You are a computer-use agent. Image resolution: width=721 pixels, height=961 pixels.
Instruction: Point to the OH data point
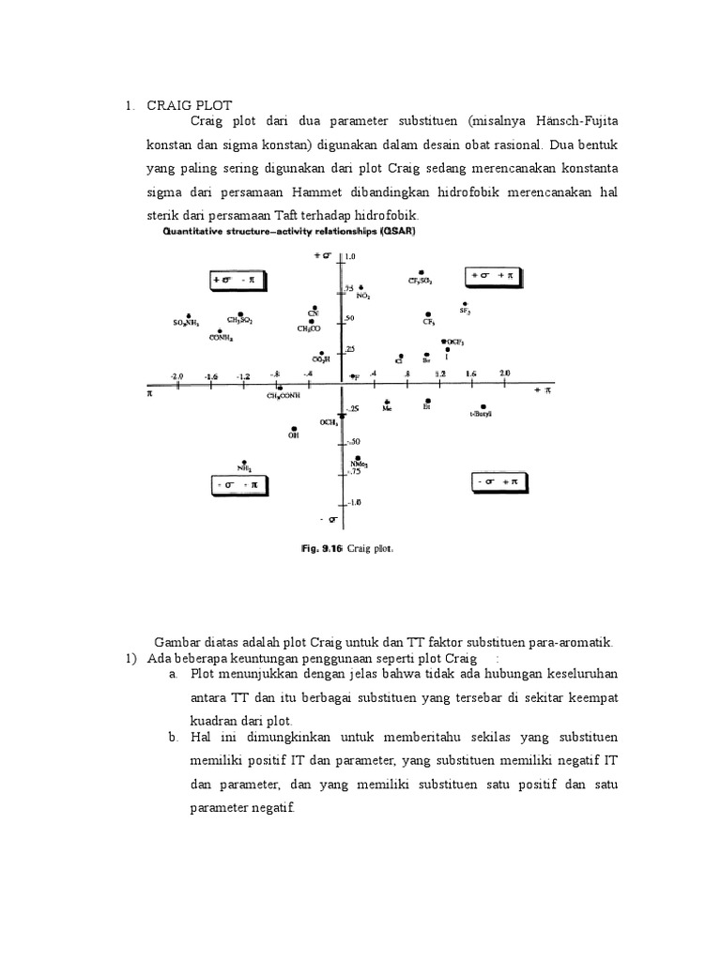(x=295, y=426)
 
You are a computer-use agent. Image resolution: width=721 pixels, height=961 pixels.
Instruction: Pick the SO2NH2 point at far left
(x=189, y=315)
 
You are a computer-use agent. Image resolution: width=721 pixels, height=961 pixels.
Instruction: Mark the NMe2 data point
(x=358, y=457)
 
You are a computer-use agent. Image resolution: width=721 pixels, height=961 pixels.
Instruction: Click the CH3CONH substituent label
(x=284, y=396)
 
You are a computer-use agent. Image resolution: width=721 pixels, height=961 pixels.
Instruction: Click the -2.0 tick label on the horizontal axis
(x=176, y=375)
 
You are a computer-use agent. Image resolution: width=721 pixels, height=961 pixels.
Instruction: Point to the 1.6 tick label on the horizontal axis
(x=470, y=374)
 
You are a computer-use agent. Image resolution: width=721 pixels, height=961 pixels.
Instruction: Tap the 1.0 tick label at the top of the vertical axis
(x=352, y=255)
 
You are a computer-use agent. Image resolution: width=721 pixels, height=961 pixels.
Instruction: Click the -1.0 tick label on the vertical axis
(x=352, y=503)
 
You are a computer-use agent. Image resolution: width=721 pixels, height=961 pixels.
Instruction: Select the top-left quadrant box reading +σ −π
(x=240, y=281)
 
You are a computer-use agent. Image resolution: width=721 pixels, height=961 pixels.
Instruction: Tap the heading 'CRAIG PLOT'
(x=189, y=105)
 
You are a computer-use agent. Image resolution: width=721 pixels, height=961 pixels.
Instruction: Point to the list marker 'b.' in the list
(x=175, y=739)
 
